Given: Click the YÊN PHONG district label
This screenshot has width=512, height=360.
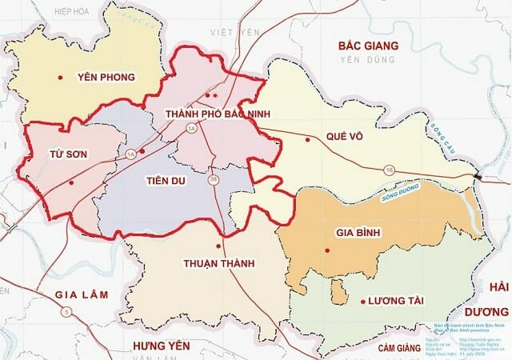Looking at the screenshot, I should point(106,78).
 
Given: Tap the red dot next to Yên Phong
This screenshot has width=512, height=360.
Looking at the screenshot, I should point(60,78).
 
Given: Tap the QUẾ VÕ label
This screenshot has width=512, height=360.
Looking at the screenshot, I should point(345,137).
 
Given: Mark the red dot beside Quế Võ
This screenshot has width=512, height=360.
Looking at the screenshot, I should point(307,140).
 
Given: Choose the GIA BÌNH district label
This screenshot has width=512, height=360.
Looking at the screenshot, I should point(356,234).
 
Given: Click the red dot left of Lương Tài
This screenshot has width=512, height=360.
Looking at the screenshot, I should point(363,302).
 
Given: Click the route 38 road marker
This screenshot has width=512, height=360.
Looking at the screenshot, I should point(213,180).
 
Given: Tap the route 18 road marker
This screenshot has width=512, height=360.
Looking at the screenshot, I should point(390,170).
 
